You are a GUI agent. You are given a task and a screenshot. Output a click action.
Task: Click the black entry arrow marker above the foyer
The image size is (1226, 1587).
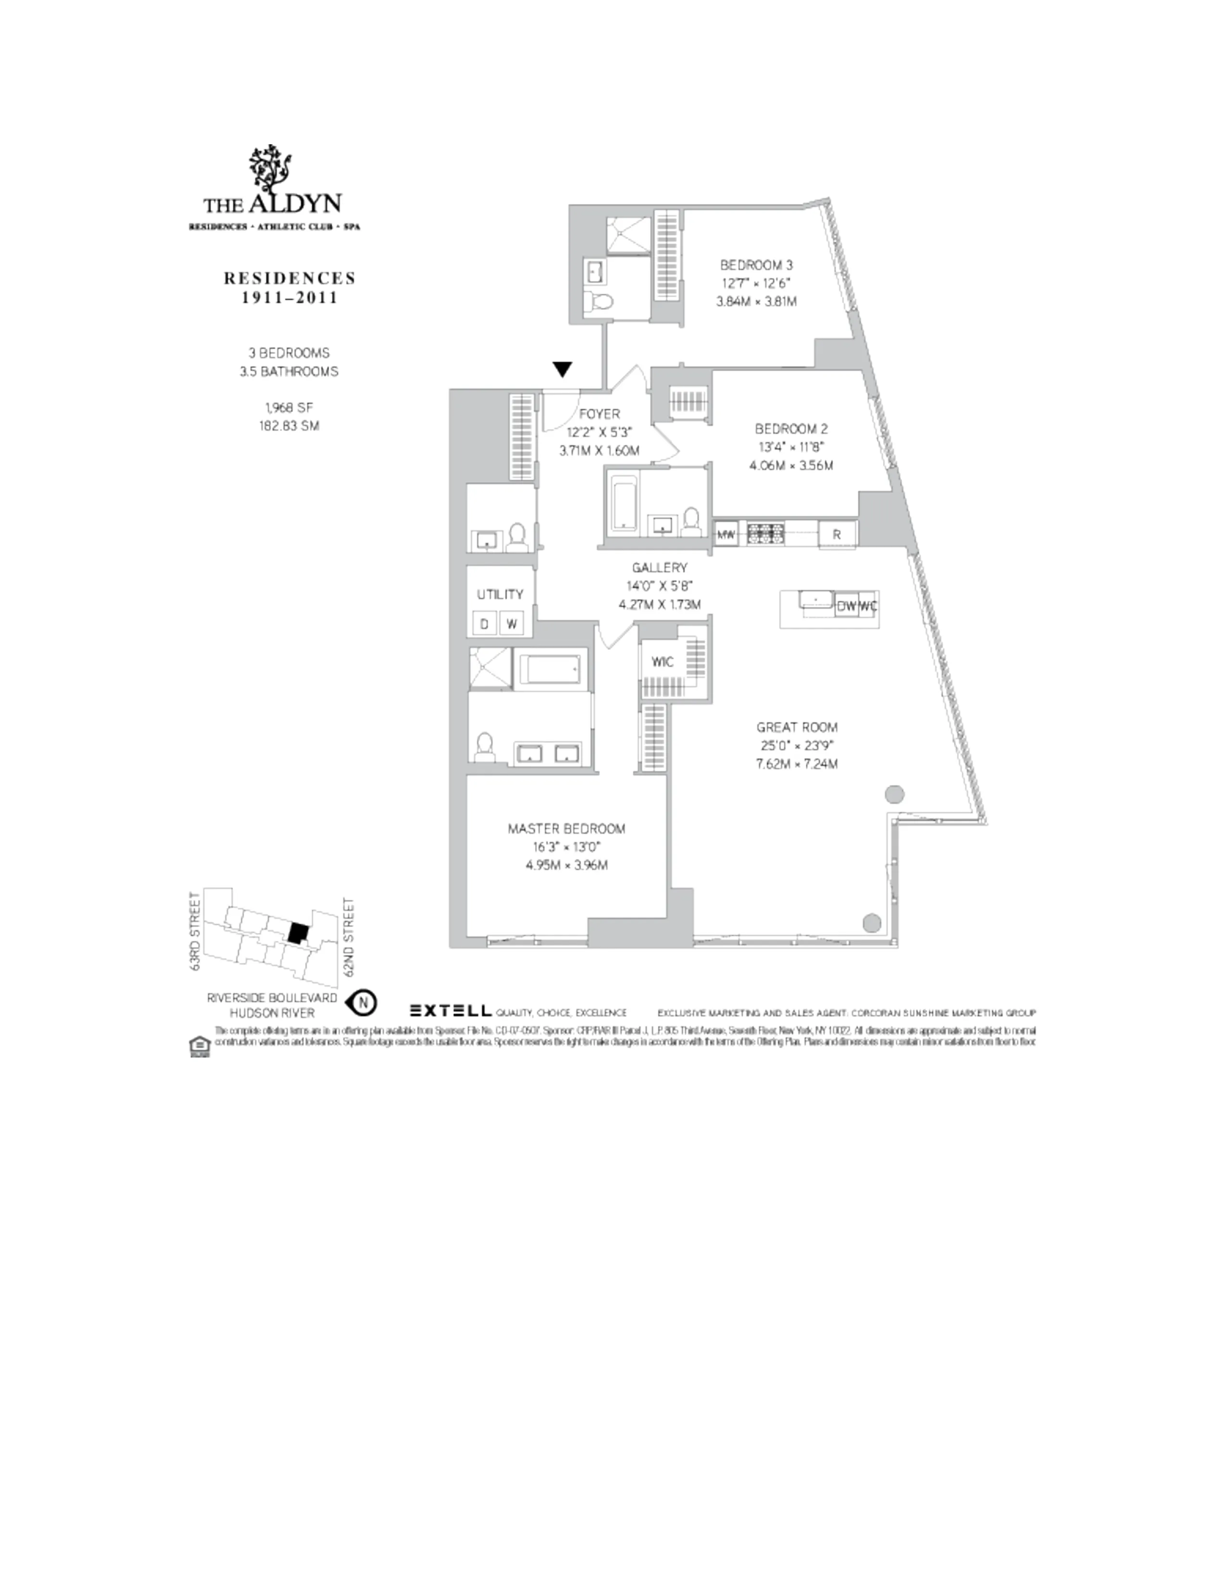pyautogui.click(x=562, y=369)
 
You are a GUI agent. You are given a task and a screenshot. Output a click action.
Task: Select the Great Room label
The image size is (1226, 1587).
pyautogui.click(x=797, y=727)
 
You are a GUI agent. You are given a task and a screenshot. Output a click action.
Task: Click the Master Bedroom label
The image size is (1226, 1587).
pyautogui.click(x=566, y=829)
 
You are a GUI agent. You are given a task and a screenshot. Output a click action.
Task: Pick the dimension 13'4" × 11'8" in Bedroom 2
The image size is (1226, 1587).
pyautogui.click(x=791, y=447)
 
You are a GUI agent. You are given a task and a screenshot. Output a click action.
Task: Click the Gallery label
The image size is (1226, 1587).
pyautogui.click(x=659, y=567)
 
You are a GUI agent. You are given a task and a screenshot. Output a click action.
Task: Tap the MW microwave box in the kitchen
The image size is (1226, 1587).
pyautogui.click(x=726, y=534)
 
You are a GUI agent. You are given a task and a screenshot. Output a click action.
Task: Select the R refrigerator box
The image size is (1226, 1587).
pyautogui.click(x=837, y=534)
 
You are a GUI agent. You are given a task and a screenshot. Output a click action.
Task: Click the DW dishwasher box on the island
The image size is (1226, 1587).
pyautogui.click(x=846, y=605)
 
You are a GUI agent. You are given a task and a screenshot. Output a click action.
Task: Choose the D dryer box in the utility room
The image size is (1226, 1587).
pyautogui.click(x=485, y=623)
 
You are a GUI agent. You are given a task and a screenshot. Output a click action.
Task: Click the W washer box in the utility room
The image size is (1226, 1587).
pyautogui.click(x=512, y=623)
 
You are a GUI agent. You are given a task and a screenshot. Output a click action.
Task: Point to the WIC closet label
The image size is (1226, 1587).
pyautogui.click(x=662, y=661)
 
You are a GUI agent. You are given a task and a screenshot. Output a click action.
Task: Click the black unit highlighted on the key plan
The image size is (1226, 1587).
pyautogui.click(x=296, y=932)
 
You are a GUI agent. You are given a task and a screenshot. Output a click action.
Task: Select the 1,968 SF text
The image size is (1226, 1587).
pyautogui.click(x=288, y=408)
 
